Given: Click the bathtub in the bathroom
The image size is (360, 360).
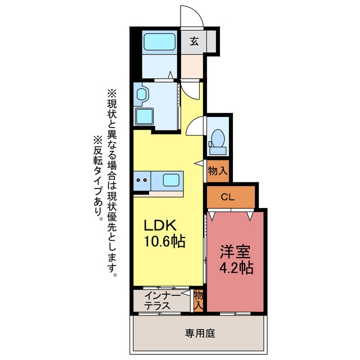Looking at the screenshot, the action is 160,42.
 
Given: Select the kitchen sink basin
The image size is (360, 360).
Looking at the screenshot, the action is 171,180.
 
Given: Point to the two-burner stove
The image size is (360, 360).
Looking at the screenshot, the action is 142,180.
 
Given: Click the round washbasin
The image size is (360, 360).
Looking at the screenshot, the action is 141,94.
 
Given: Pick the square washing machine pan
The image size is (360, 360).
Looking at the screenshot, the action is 144,116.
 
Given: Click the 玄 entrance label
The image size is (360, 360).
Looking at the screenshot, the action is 194,42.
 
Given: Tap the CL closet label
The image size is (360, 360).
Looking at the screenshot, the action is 227,197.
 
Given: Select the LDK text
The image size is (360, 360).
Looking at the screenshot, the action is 160,226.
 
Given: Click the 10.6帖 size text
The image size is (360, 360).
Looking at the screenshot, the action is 164,241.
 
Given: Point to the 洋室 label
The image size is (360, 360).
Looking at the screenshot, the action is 235,251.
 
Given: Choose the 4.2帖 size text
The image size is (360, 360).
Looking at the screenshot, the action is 236,268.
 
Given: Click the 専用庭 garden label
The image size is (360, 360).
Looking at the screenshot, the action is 200,334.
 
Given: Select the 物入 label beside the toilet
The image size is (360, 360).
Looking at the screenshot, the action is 218,171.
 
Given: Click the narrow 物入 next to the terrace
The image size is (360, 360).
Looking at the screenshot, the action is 199,300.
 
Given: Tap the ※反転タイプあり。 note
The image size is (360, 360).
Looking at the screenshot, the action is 98,178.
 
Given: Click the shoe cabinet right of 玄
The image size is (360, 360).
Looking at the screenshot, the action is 211,41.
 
